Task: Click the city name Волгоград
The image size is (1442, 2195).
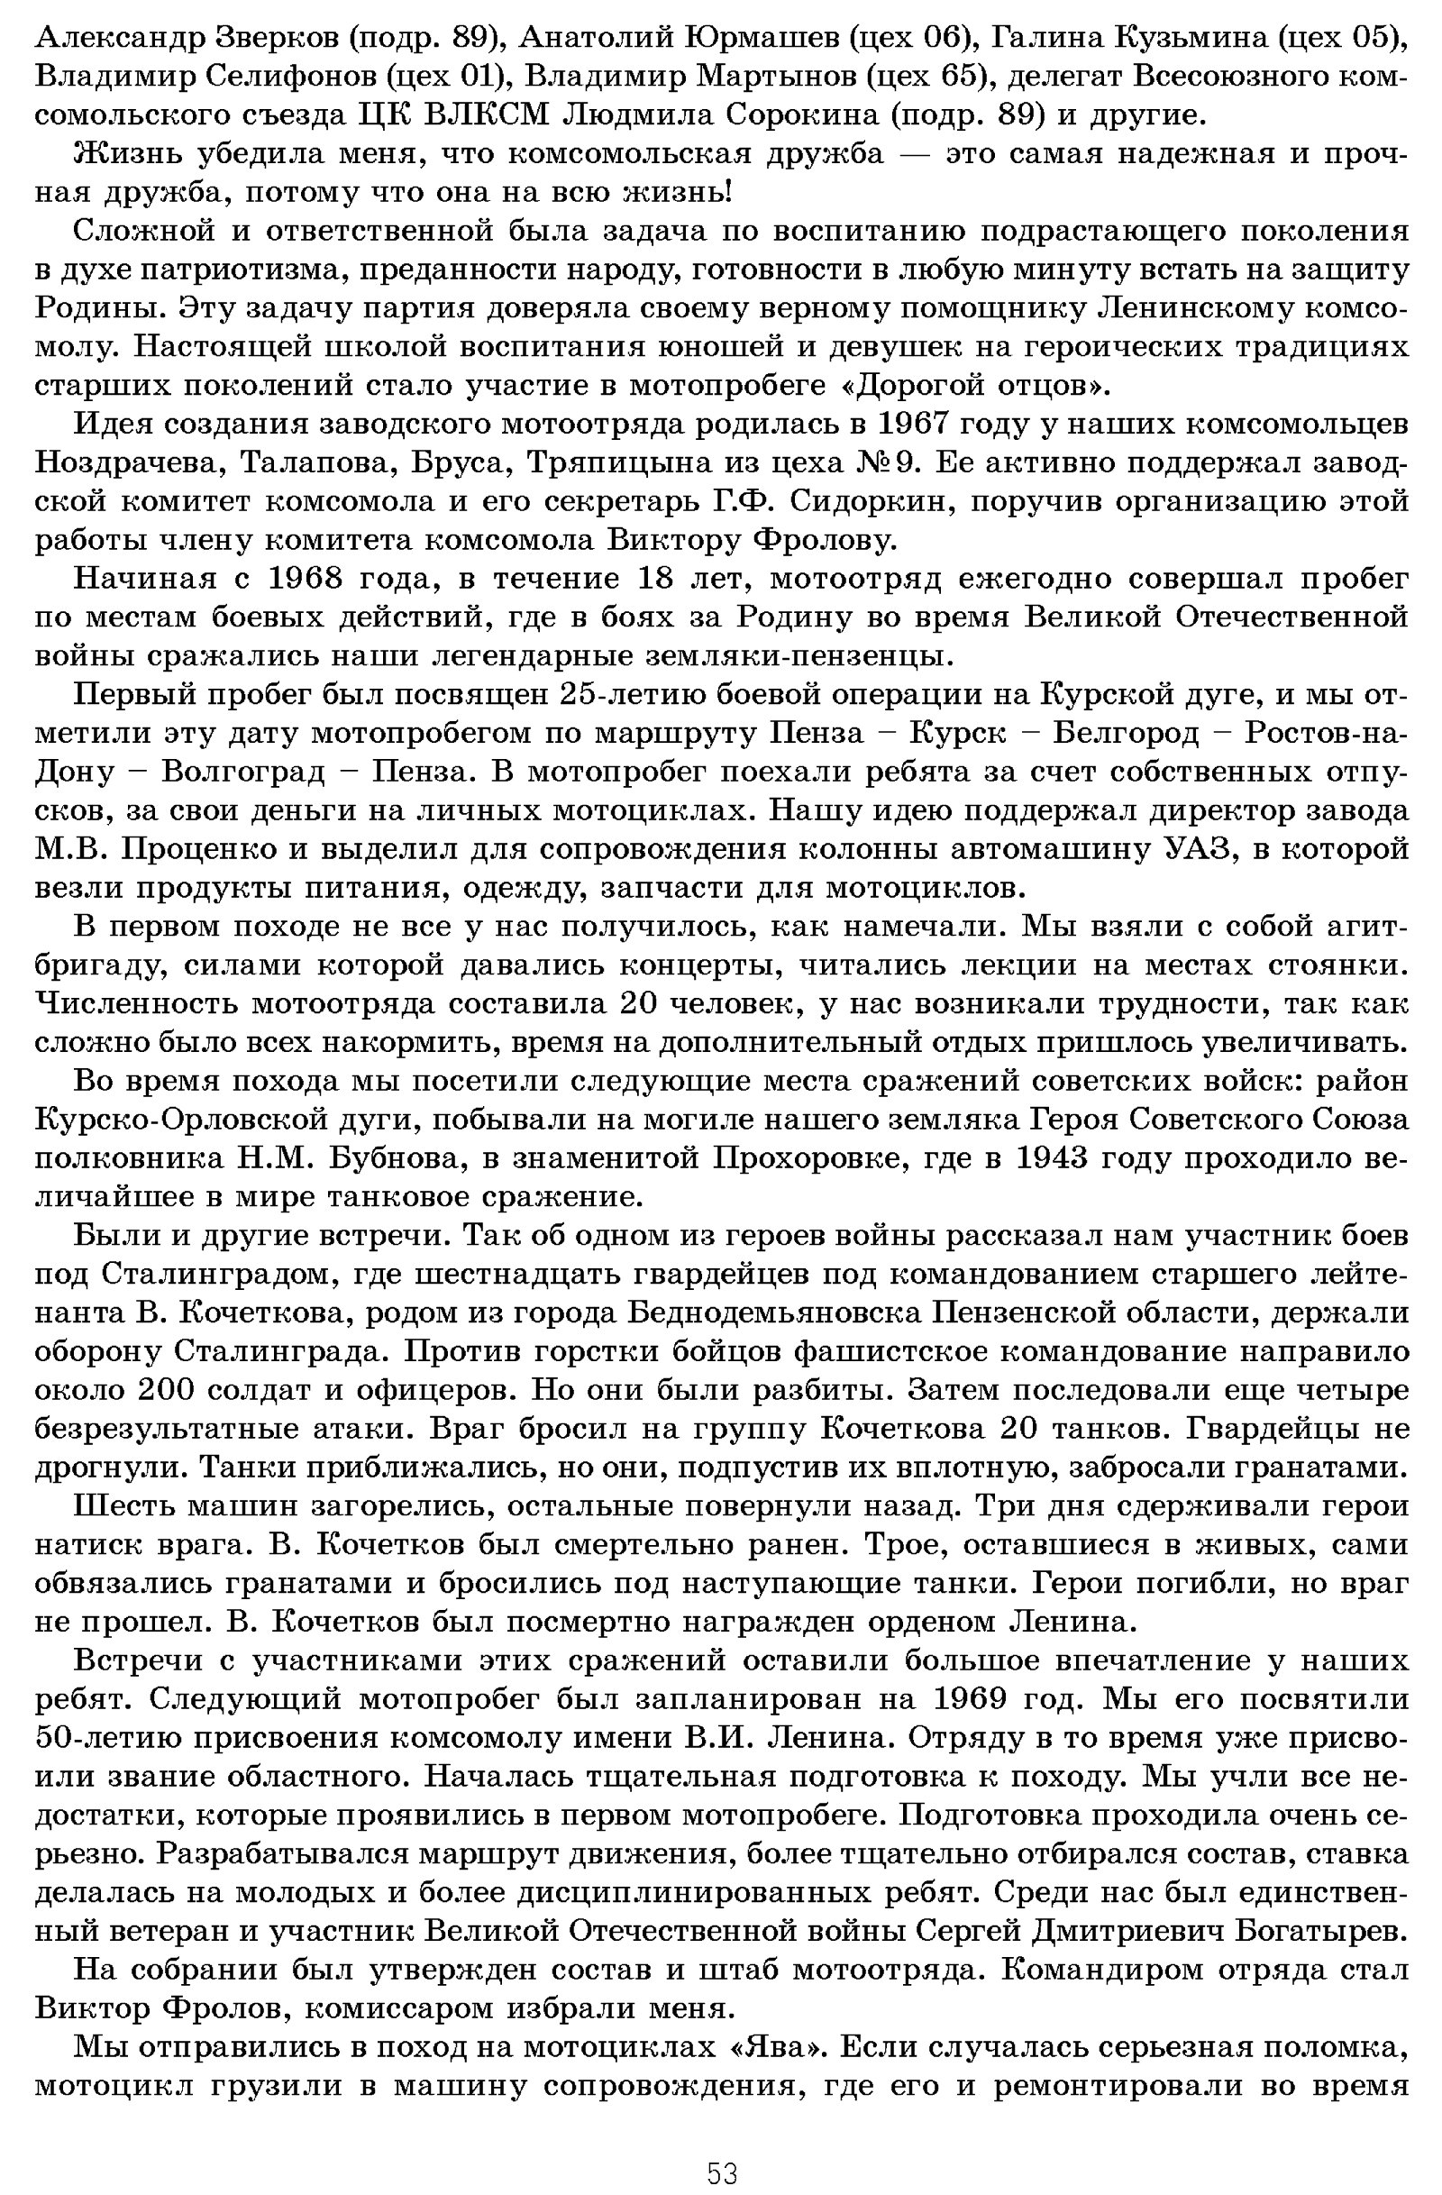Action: pos(242,772)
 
